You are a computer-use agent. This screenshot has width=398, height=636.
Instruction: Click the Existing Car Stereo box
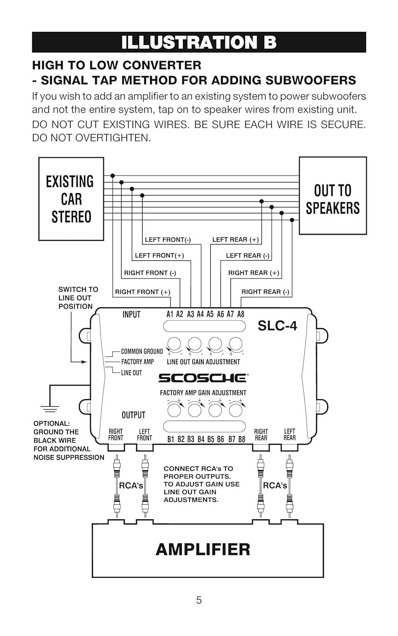(x=71, y=199)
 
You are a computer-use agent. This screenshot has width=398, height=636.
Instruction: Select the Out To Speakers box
(x=333, y=195)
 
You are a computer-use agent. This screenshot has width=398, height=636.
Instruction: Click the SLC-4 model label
(x=277, y=326)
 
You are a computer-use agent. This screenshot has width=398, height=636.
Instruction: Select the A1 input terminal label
(x=170, y=314)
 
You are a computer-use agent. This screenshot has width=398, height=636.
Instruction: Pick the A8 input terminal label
(x=241, y=314)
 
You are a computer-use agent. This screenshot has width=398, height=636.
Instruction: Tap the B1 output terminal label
(x=171, y=439)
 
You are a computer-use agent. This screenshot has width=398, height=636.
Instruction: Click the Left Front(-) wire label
(x=168, y=240)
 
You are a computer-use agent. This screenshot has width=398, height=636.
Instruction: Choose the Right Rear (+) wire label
(x=253, y=273)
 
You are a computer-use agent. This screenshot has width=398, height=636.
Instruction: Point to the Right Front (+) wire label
(x=143, y=292)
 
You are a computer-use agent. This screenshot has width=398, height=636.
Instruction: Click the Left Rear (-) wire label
(x=247, y=255)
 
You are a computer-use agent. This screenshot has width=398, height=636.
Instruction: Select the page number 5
(x=199, y=600)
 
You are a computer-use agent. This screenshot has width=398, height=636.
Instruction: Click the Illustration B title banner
(x=199, y=42)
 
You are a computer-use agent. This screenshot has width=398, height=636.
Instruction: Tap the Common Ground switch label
(x=142, y=351)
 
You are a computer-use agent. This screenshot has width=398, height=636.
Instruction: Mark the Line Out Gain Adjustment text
(x=203, y=362)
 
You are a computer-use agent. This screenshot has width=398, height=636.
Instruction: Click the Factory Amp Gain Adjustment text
(x=203, y=393)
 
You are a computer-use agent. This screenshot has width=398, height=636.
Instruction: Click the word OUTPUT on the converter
(x=133, y=415)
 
